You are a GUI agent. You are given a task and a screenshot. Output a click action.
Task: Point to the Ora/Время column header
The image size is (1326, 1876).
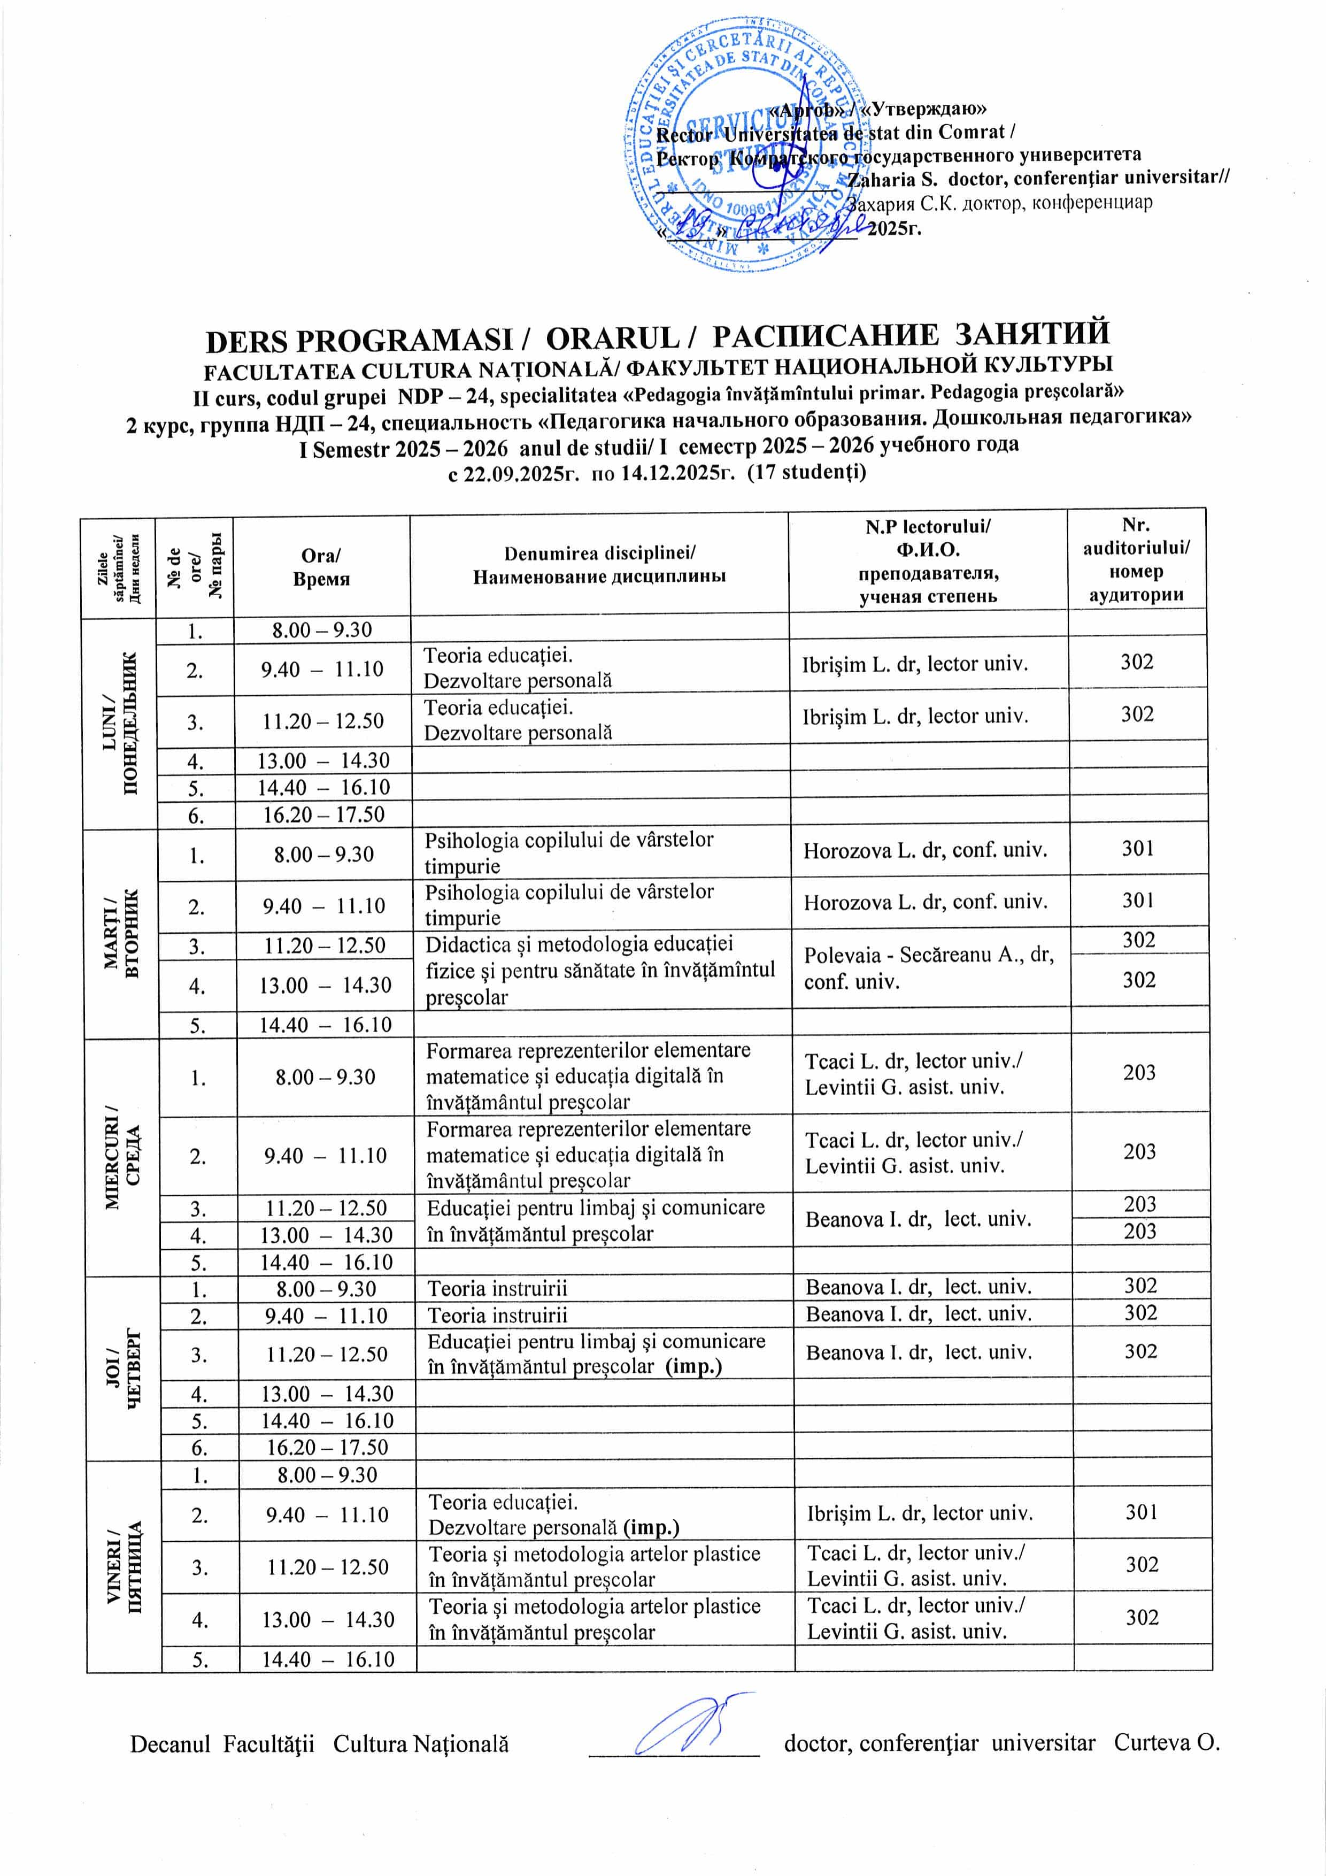(x=321, y=567)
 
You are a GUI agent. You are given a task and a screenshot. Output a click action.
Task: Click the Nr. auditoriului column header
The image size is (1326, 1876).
(x=1136, y=560)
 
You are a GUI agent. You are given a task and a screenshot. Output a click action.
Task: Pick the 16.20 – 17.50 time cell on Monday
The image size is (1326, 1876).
(x=323, y=814)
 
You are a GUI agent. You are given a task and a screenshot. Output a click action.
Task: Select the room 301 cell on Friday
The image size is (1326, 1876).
(x=1142, y=1512)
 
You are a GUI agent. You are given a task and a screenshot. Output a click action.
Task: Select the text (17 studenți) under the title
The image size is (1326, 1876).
(x=807, y=472)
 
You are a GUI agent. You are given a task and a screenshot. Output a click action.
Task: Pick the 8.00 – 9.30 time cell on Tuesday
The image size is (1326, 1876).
(x=323, y=855)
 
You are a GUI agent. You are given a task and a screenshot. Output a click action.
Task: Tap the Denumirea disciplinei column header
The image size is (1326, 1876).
(x=599, y=565)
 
